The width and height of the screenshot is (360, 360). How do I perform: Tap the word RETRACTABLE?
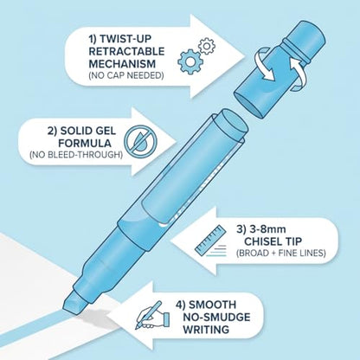126,51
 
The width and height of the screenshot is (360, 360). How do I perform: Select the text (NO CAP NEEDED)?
126,75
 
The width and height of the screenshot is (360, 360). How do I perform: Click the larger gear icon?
190,61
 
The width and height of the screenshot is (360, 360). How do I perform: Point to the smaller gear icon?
206,46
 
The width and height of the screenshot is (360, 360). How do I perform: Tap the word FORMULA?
87,143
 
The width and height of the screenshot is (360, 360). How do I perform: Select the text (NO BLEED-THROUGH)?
76,155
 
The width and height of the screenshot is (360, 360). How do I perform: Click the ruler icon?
211,240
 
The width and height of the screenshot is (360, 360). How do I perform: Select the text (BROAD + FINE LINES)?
281,254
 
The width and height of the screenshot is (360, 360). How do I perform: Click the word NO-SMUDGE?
216,317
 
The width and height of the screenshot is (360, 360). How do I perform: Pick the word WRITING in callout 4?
206,329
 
